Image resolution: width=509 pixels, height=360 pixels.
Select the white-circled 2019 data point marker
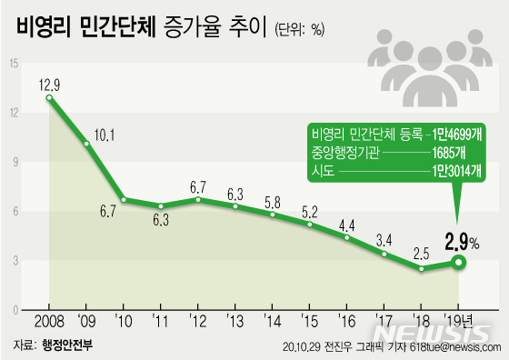(461, 263)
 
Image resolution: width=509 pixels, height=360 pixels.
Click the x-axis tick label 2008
(49, 323)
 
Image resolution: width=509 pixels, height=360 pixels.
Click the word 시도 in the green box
(323, 170)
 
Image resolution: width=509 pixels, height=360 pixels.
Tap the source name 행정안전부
(68, 346)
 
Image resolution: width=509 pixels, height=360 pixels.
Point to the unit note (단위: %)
(297, 29)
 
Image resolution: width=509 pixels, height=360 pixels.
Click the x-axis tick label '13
(235, 323)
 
